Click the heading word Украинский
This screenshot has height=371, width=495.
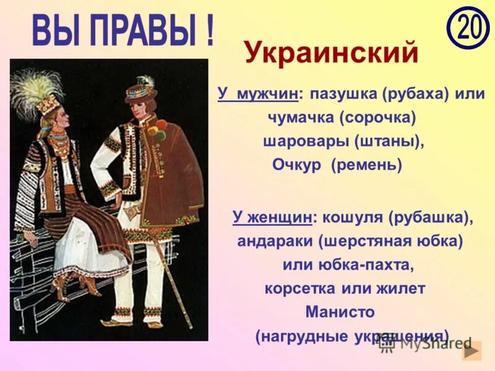(331, 53)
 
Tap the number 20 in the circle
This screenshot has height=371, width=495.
(468, 27)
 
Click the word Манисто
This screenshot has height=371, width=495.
(340, 312)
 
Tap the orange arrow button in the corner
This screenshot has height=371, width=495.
(472, 351)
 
